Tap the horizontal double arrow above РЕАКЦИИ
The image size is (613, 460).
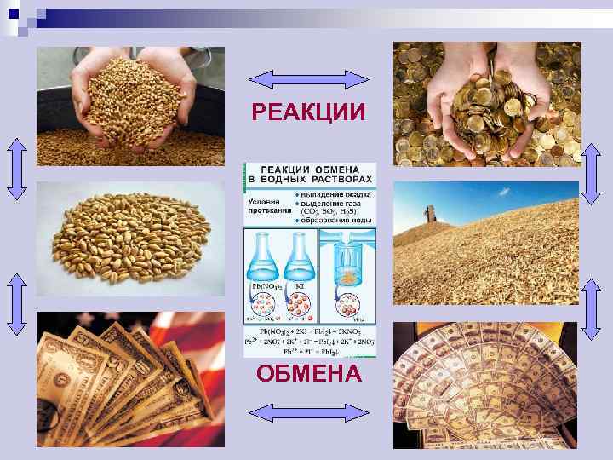pyautogui.click(x=308, y=80)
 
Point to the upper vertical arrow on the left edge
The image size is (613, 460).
pyautogui.click(x=17, y=169)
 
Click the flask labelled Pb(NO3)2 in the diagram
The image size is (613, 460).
pyautogui.click(x=263, y=256)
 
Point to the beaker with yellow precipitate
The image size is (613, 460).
pyautogui.click(x=347, y=261)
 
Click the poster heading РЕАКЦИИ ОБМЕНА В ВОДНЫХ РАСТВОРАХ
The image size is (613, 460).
pyautogui.click(x=310, y=176)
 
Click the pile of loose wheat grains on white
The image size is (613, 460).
pyautogui.click(x=128, y=239)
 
